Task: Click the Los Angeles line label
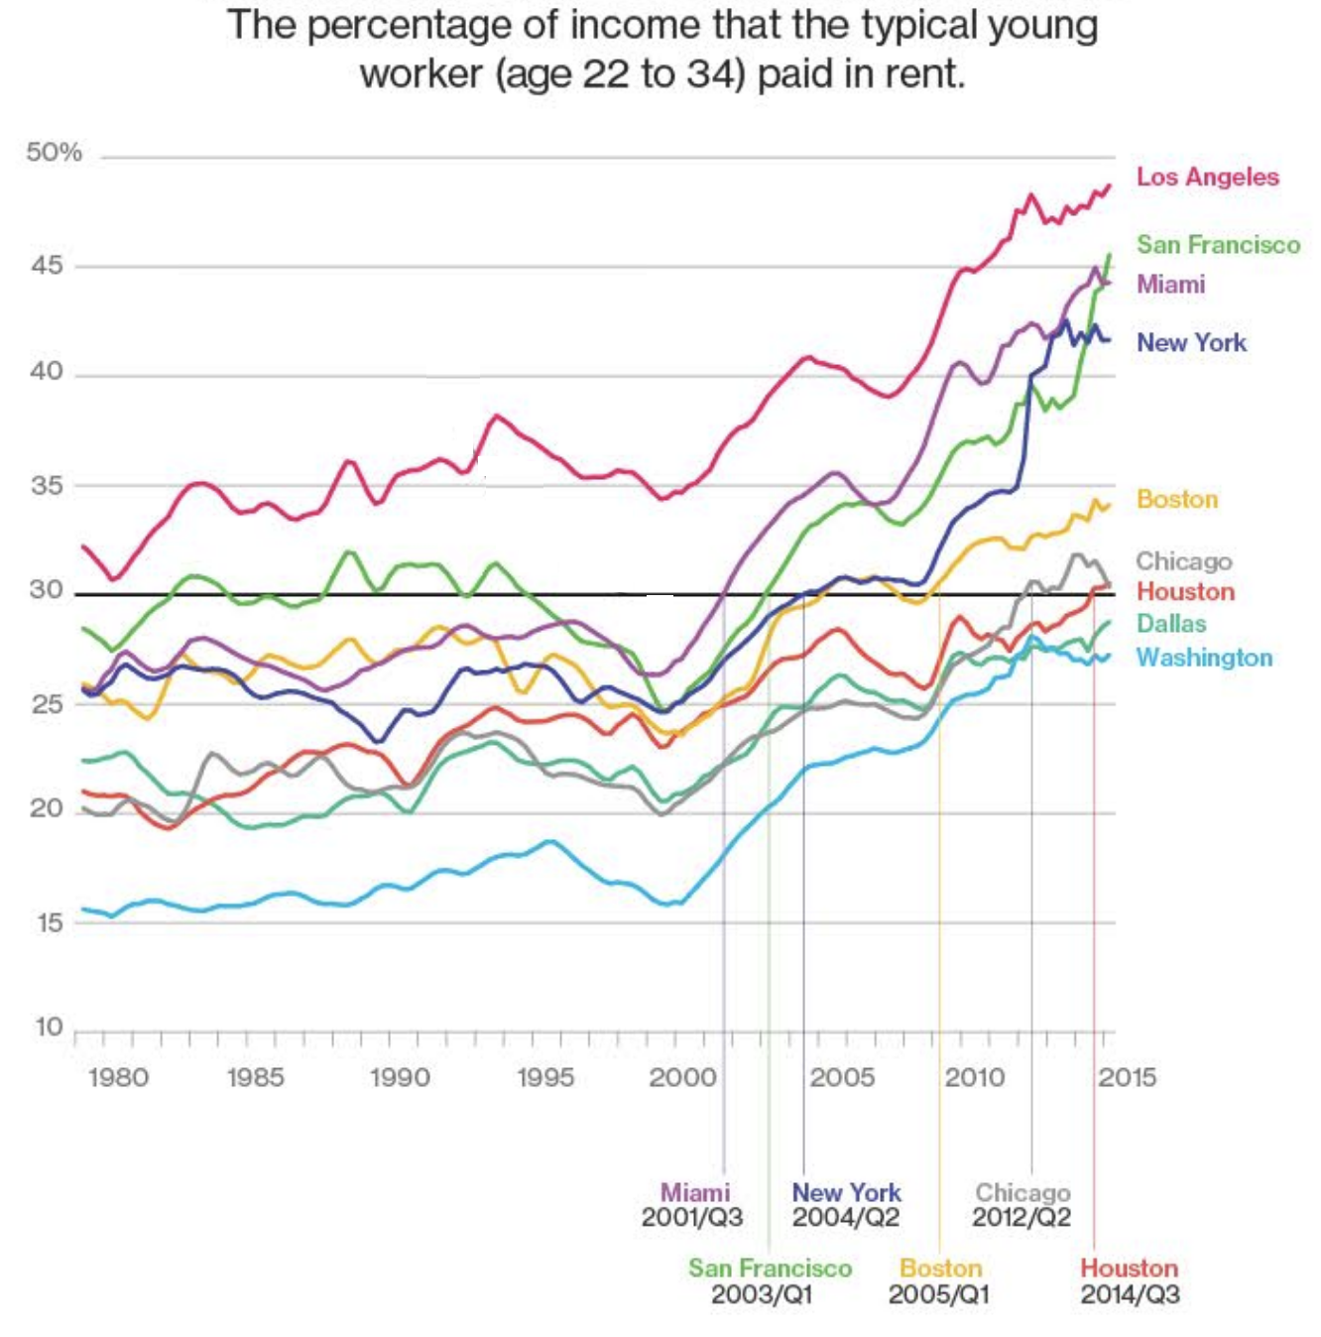[1207, 177]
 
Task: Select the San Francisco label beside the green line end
[1218, 245]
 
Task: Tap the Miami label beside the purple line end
[1170, 285]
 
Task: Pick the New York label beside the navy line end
[1191, 343]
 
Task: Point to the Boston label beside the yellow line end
[1176, 499]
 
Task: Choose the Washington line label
[1204, 658]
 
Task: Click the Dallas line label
[1171, 624]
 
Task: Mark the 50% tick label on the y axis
[54, 153]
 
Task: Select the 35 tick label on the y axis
[47, 486]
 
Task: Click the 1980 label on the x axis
[118, 1077]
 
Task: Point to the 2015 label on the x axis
[1127, 1077]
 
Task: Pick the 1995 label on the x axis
[545, 1077]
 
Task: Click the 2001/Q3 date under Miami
[692, 1217]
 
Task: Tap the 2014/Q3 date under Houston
[1130, 1293]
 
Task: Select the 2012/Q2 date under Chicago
[1021, 1217]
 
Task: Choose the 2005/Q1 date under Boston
[939, 1293]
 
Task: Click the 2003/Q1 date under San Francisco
[762, 1293]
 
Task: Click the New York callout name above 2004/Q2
[846, 1192]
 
